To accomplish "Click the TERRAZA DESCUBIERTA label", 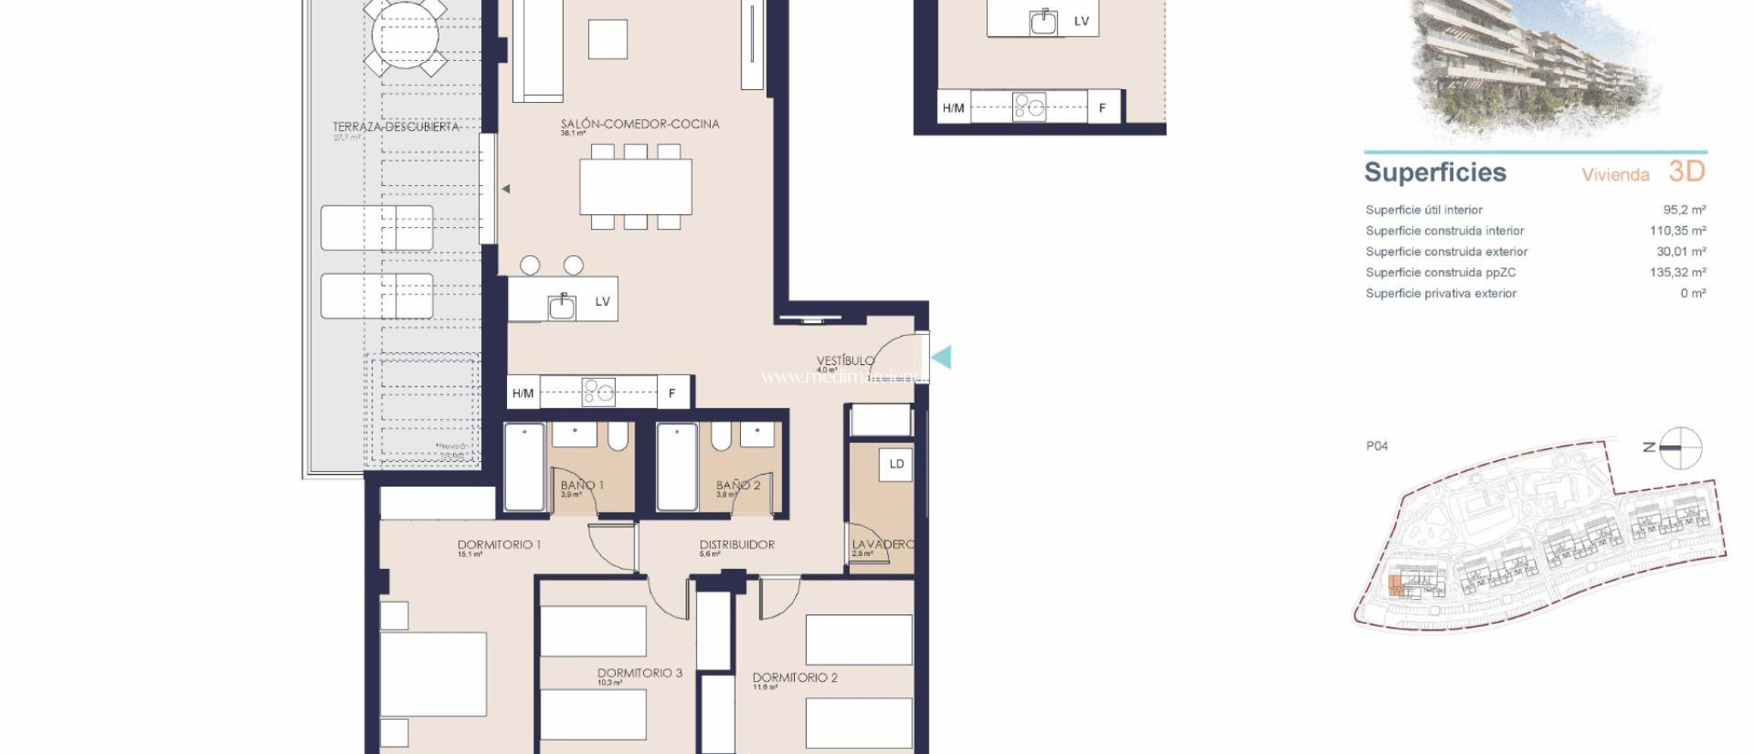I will pyautogui.click(x=396, y=127).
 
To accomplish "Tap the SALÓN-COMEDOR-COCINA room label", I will pyautogui.click(x=640, y=124).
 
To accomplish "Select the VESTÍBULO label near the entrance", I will pyautogui.click(x=844, y=361).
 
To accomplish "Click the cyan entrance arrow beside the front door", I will pyautogui.click(x=941, y=357).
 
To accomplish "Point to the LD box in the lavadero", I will pyautogui.click(x=897, y=464).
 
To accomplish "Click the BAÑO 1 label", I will pyautogui.click(x=582, y=485).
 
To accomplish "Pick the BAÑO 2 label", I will pyautogui.click(x=737, y=485).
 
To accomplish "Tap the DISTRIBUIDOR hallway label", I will pyautogui.click(x=737, y=545).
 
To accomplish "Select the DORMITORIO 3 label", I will pyautogui.click(x=640, y=673).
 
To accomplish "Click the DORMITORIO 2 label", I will pyautogui.click(x=795, y=678).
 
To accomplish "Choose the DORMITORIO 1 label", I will pyautogui.click(x=498, y=545).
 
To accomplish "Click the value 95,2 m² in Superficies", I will pyautogui.click(x=1684, y=210).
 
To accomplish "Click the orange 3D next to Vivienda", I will pyautogui.click(x=1686, y=171).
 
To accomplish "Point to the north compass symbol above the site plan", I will pyautogui.click(x=1679, y=447).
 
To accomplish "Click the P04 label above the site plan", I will pyautogui.click(x=1376, y=446).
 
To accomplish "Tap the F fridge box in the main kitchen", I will pyautogui.click(x=672, y=393).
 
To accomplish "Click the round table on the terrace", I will pyautogui.click(x=405, y=36).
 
